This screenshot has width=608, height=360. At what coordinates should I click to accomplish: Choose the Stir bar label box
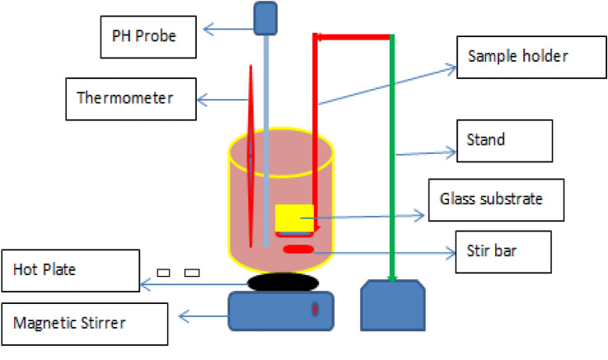503,248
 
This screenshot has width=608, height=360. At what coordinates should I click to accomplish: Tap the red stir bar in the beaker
298,250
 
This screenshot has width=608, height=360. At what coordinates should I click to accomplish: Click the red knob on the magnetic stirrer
315,310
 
